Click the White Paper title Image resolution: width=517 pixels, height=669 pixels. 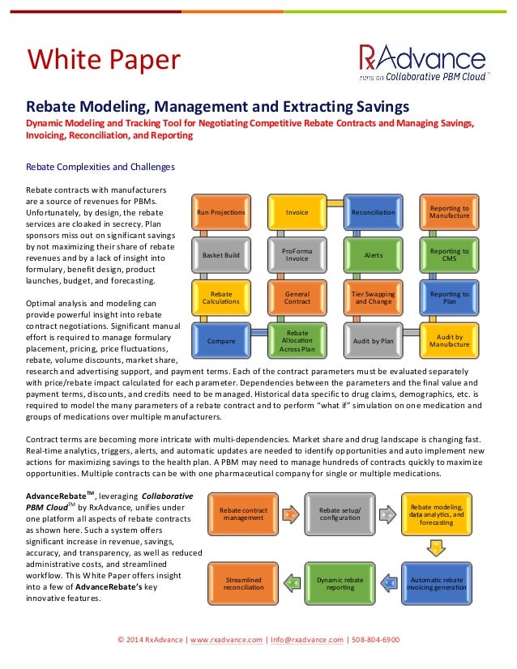click(104, 58)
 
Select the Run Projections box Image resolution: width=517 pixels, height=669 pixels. click(221, 212)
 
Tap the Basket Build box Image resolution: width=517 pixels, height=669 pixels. click(221, 255)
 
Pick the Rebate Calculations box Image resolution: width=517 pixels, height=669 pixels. click(221, 298)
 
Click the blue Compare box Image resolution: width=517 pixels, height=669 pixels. click(221, 341)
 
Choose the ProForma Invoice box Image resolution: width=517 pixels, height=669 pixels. click(297, 255)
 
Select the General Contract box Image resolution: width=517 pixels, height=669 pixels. click(297, 298)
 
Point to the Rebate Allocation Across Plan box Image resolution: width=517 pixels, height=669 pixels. click(297, 341)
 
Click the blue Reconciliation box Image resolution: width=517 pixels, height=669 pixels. click(373, 212)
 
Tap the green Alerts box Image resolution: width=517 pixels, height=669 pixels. click(373, 255)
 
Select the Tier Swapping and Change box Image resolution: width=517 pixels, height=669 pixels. click(373, 298)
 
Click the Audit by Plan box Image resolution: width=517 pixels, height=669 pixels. click(373, 341)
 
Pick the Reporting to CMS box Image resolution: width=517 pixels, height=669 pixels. click(449, 255)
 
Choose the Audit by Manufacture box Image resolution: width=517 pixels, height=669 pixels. click(449, 341)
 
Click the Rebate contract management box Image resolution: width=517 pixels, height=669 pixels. click(242, 513)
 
